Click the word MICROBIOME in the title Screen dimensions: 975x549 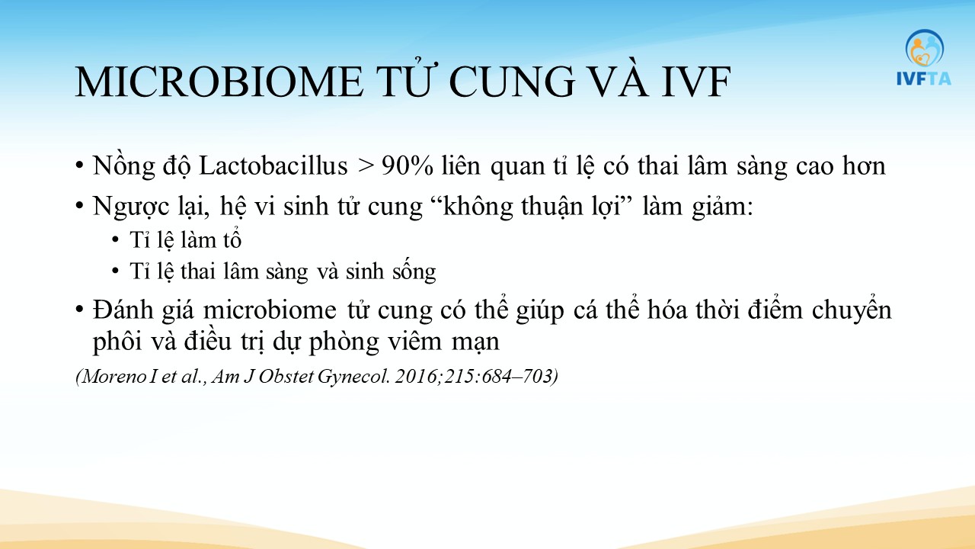pos(219,82)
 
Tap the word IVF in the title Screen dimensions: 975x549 pos(695,82)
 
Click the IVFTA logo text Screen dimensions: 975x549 pos(924,79)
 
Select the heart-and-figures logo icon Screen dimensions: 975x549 pos(925,49)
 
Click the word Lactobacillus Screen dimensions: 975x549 pos(273,166)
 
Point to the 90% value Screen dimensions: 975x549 pos(408,166)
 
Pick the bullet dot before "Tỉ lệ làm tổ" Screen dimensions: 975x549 pos(115,240)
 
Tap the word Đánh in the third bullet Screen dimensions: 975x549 pos(123,310)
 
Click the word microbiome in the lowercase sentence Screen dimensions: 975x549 pos(270,310)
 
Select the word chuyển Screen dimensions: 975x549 pos(852,311)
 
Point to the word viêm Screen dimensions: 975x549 pos(415,342)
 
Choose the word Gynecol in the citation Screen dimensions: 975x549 pos(352,377)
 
